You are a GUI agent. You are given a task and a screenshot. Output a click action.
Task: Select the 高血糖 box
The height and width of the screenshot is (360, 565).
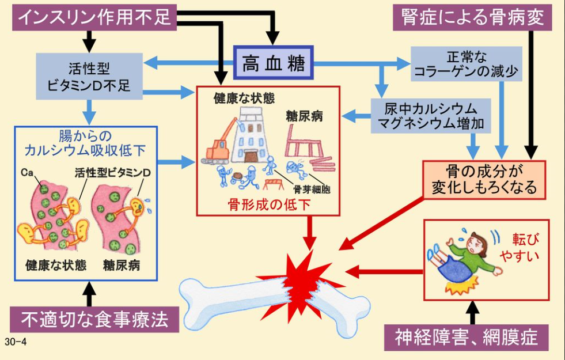tap(274, 62)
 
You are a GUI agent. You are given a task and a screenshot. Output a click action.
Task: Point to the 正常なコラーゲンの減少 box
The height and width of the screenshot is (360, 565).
tap(465, 65)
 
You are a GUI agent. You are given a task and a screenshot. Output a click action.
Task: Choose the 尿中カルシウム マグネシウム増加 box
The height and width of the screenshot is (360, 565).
tap(431, 115)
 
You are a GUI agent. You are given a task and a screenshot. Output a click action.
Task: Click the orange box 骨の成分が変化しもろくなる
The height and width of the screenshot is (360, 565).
tap(484, 179)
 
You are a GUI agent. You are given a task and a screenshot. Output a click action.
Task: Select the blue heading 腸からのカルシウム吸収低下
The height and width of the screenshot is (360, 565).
tap(85, 143)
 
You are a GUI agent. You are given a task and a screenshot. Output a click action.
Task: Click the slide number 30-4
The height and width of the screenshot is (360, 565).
tap(16, 342)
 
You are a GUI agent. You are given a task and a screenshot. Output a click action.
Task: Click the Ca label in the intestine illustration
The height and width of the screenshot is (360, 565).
tap(26, 172)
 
